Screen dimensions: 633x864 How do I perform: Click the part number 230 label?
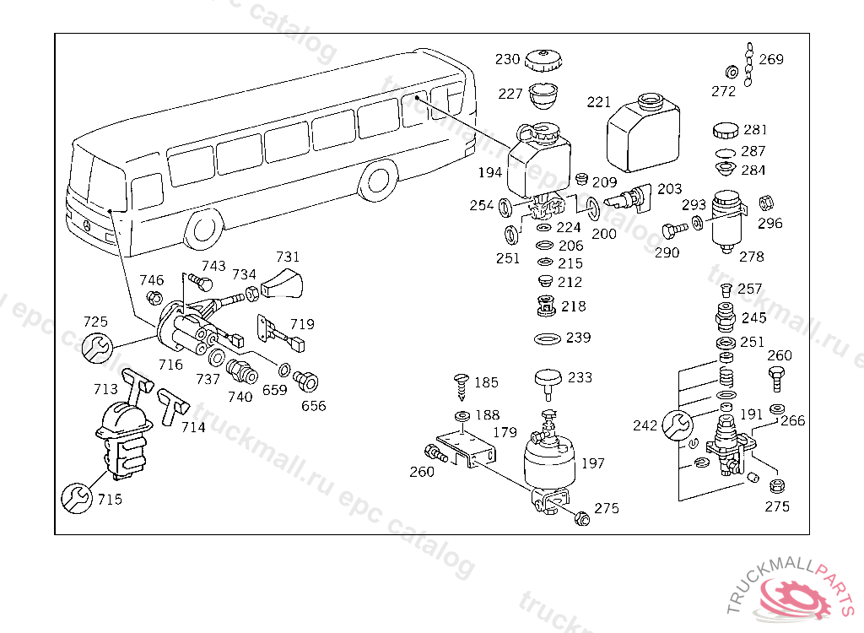507,59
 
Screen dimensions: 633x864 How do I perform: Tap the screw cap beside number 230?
543,61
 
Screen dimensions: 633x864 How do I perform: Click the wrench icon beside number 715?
75,497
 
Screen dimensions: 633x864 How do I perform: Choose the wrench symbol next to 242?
677,425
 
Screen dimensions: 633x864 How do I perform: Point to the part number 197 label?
593,463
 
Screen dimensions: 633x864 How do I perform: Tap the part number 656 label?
314,406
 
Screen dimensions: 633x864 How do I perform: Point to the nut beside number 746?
154,297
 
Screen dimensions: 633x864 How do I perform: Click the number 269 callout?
771,59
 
